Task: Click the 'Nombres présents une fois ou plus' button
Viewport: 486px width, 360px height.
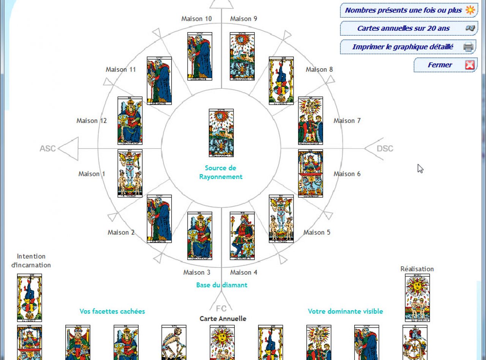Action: pyautogui.click(x=403, y=10)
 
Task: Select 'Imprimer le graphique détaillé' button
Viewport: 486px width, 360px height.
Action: pyautogui.click(x=402, y=47)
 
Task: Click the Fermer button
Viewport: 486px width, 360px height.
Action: pyautogui.click(x=440, y=65)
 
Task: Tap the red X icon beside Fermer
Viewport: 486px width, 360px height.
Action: pyautogui.click(x=470, y=65)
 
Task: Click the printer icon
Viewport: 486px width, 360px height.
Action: pyautogui.click(x=469, y=47)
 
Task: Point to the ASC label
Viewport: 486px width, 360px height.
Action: pyautogui.click(x=48, y=148)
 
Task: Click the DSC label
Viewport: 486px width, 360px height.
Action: pyautogui.click(x=385, y=148)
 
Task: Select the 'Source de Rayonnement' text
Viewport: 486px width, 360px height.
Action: pyautogui.click(x=221, y=172)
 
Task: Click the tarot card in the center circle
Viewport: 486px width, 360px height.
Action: pyautogui.click(x=221, y=133)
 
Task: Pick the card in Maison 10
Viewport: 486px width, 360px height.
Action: pyautogui.click(x=200, y=56)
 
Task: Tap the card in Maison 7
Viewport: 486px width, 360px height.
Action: pyautogui.click(x=311, y=121)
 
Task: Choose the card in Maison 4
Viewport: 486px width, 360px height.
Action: pyautogui.click(x=242, y=236)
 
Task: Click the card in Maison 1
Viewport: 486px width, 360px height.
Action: pyautogui.click(x=130, y=173)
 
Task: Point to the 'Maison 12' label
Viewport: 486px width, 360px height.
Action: pyautogui.click(x=92, y=121)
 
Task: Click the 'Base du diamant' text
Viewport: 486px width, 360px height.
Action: pyautogui.click(x=222, y=285)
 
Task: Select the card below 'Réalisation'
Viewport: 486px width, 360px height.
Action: pyautogui.click(x=417, y=297)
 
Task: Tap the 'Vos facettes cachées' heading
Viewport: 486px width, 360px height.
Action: pyautogui.click(x=112, y=311)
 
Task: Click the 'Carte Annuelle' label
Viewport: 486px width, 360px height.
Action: pyautogui.click(x=223, y=319)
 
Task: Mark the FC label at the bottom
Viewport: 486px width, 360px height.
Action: pyautogui.click(x=222, y=308)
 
